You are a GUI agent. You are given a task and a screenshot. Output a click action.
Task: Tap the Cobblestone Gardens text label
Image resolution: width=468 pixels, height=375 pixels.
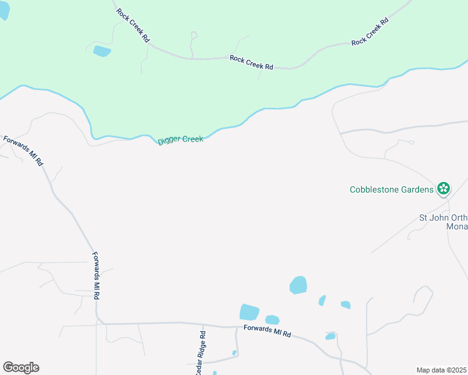point(391,189)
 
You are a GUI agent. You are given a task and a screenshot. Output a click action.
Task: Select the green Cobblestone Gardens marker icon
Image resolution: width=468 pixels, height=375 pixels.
point(444,187)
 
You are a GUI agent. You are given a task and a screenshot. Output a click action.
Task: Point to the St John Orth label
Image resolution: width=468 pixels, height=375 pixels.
point(442,218)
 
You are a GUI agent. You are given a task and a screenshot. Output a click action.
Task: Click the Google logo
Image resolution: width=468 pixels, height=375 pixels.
point(21,367)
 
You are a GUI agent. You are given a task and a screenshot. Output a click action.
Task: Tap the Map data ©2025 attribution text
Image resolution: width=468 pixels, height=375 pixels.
point(440,370)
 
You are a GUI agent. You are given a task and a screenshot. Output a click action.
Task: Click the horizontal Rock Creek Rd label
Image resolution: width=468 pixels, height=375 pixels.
point(252,62)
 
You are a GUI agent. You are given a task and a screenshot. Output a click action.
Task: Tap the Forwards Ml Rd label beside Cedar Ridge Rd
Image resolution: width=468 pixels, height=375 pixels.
point(267,331)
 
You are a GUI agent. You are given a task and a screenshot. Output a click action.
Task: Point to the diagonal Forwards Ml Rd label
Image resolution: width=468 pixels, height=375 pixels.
point(23,151)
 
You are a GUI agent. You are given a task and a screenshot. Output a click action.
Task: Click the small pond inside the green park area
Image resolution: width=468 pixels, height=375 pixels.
point(101,51)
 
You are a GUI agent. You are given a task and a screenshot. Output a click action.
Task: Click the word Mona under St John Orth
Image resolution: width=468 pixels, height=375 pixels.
point(457,227)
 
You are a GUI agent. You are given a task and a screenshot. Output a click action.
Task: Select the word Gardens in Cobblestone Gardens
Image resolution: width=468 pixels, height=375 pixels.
point(415,189)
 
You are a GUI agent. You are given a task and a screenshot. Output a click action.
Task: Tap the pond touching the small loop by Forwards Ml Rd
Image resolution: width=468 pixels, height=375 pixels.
point(330,336)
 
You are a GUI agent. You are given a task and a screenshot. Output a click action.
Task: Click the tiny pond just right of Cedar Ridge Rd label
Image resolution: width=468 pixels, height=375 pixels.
point(234,353)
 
